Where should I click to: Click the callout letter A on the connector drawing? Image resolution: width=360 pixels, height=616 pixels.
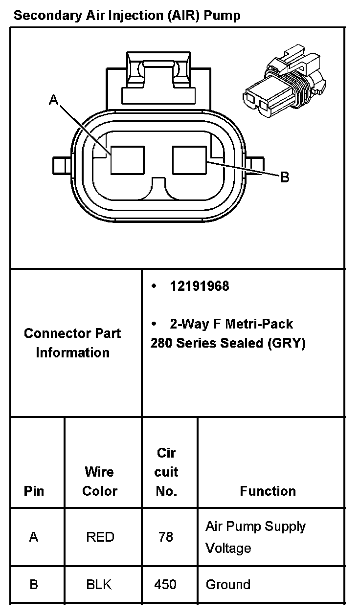coord(54,100)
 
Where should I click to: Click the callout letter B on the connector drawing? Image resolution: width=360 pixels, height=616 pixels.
coord(284,177)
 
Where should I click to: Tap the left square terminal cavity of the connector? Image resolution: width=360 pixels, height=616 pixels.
coord(127,160)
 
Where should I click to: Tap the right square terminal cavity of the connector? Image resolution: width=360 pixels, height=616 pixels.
coord(189,160)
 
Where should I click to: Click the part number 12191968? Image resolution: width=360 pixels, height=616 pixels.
coord(199,286)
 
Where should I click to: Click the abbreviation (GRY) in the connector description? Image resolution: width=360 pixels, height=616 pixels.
coord(287,343)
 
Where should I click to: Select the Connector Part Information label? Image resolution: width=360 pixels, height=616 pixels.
coord(72,343)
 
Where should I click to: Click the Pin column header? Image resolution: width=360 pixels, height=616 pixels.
coord(34,491)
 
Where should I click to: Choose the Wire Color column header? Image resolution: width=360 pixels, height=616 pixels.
coord(100,482)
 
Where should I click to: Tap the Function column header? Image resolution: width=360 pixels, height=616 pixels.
coord(268,491)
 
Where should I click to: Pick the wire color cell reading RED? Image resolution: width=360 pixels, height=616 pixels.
coord(100,537)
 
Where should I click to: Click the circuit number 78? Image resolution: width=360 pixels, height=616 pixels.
coord(166,537)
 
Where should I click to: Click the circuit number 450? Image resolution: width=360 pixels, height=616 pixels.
coord(165,584)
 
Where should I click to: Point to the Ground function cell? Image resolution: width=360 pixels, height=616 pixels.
coord(228,584)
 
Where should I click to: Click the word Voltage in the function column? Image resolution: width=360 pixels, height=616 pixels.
coord(228,548)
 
